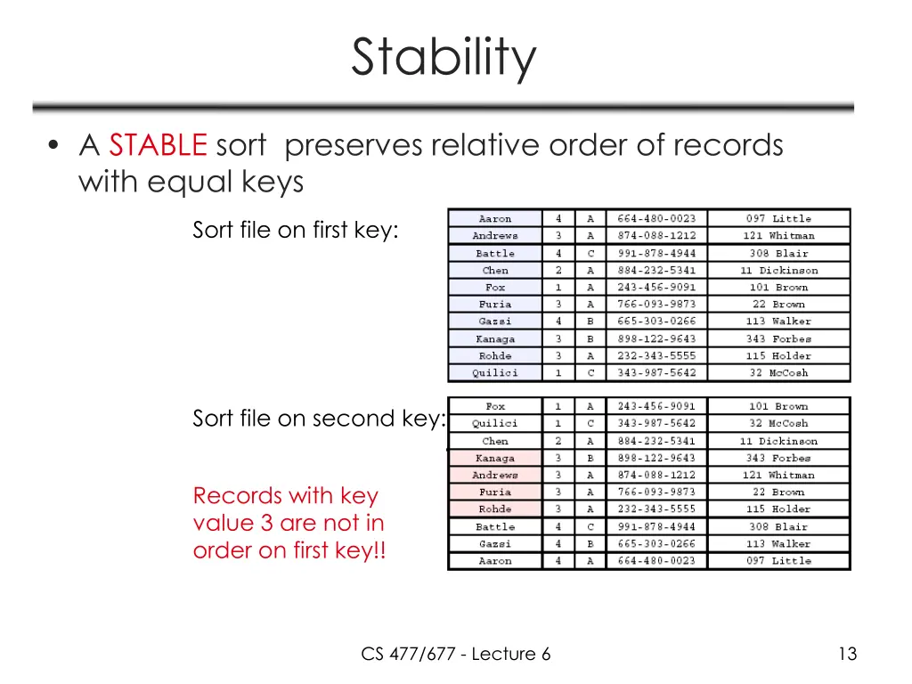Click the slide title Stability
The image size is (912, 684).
(444, 57)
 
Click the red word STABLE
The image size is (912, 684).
(159, 144)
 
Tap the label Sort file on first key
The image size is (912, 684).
(296, 230)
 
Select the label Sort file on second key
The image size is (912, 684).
(318, 419)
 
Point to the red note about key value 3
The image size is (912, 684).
(289, 523)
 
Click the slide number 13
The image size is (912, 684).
(847, 655)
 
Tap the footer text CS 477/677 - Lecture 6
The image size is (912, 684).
(456, 655)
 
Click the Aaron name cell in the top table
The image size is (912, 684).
(495, 219)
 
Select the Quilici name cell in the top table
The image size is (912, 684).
(495, 373)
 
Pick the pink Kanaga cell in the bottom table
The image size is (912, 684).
(495, 459)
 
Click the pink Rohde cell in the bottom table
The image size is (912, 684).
(495, 509)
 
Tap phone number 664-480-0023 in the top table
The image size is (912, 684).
(656, 219)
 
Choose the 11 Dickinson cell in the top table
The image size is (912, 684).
(778, 271)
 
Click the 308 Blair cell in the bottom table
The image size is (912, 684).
(778, 527)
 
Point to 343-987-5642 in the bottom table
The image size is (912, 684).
(656, 424)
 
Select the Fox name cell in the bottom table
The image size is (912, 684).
(495, 407)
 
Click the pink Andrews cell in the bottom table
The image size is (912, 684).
(495, 476)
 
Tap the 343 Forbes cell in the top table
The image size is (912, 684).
(778, 339)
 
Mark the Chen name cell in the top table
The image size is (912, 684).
(495, 271)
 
